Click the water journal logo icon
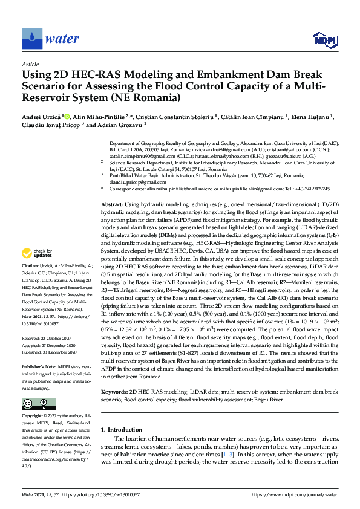31,39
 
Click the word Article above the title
30,63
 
